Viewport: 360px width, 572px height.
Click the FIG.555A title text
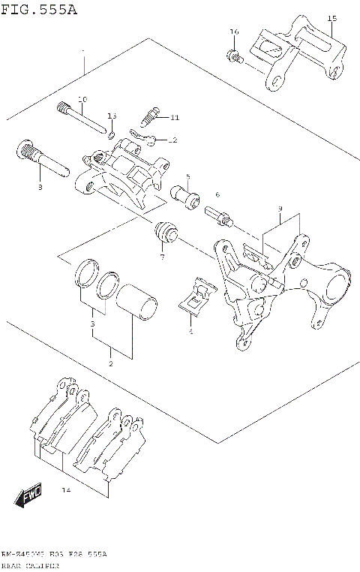(39, 9)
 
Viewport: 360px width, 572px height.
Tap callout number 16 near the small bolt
(233, 32)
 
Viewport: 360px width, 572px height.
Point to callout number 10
(82, 99)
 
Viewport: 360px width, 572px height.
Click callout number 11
(174, 118)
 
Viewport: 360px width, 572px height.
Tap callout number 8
(40, 188)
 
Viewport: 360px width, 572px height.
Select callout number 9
(279, 208)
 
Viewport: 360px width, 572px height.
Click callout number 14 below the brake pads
(66, 490)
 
